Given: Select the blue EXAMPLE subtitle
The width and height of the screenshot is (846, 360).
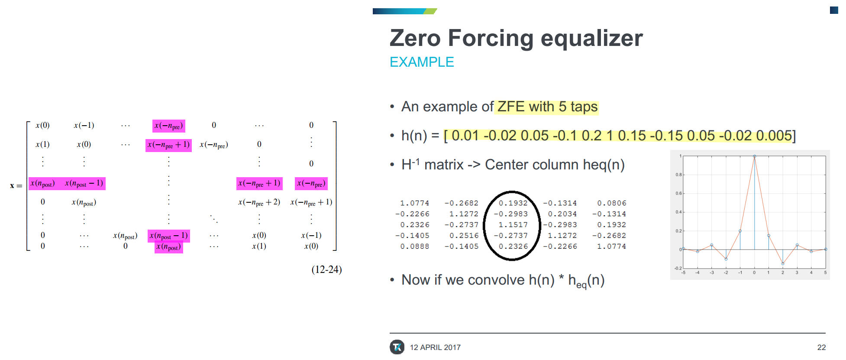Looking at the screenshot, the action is coord(422,62).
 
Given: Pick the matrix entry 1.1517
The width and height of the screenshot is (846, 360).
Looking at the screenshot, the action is coord(513,224).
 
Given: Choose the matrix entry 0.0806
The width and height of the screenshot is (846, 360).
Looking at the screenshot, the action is coord(611,203).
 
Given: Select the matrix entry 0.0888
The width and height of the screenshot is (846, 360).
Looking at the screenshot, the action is coord(414,246).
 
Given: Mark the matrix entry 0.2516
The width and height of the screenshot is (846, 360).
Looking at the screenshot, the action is coord(464,235).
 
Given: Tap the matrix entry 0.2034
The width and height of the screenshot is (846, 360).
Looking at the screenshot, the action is coord(562,214).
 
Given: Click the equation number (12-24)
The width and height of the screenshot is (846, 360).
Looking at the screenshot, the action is coord(326,269).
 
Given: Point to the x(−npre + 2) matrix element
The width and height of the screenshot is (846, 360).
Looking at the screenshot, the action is coord(259,202).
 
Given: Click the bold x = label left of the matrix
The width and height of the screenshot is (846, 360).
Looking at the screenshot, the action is coord(16,185).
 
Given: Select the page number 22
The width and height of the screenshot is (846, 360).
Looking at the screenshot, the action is coord(821,347).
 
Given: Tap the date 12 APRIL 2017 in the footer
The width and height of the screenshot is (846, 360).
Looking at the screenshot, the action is coord(435,347).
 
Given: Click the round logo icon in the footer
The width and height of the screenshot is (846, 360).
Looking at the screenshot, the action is coord(397,347).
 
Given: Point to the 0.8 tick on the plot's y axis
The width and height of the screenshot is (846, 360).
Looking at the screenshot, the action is coord(678,175).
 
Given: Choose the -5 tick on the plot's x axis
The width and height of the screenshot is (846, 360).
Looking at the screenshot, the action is coord(683,272).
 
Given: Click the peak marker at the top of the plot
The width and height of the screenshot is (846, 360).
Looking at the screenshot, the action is coord(754,156).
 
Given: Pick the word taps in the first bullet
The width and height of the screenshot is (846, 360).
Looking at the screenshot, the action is coord(584,107).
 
